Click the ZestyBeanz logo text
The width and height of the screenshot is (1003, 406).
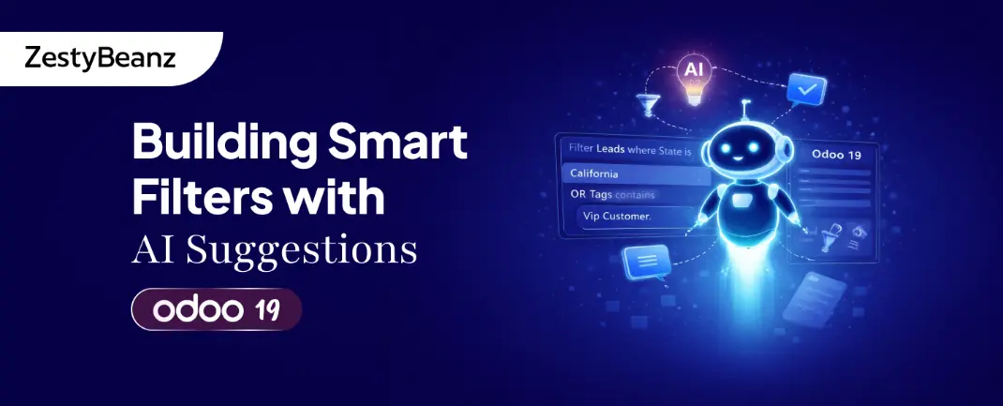[x=99, y=58]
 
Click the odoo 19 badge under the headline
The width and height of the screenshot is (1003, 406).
[x=217, y=310]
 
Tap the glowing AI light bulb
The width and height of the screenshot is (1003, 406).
[x=693, y=80]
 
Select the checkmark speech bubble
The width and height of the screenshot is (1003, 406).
[x=807, y=90]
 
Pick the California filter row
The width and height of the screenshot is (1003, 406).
[x=636, y=173]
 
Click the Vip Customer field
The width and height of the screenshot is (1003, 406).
[x=635, y=217]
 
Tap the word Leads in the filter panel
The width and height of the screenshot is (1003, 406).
[x=611, y=150]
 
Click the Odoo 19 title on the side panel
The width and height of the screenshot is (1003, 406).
[x=836, y=154]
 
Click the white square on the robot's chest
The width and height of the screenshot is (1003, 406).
[x=742, y=201]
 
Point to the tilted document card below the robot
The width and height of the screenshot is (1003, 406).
[x=814, y=298]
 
